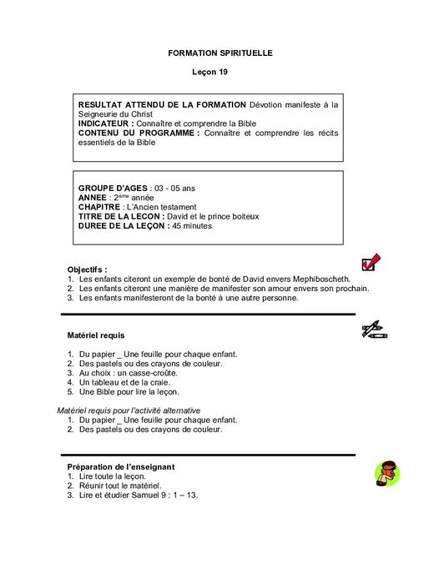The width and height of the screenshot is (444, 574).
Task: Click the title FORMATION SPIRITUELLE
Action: click(220, 53)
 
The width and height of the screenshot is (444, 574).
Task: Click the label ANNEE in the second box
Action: click(93, 197)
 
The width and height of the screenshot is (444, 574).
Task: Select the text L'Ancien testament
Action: click(160, 206)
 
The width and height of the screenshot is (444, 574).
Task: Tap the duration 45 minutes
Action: click(194, 224)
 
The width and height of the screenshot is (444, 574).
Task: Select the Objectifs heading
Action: click(88, 269)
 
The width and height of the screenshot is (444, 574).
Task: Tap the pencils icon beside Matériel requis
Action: click(374, 331)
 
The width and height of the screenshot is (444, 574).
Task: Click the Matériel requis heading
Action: click(96, 335)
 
